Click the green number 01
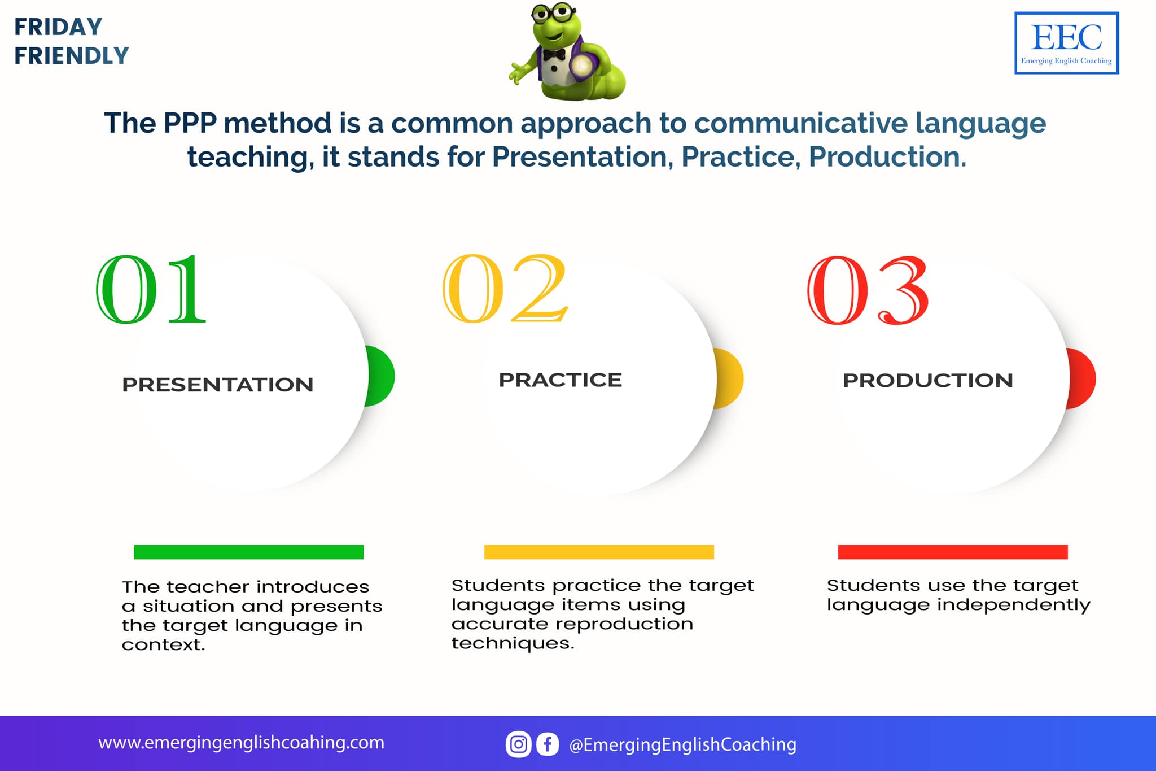[151, 289]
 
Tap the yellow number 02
[505, 288]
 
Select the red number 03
[868, 290]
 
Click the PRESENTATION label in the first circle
[218, 385]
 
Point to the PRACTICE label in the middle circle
[561, 380]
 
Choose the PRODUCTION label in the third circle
[928, 381]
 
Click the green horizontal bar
[249, 552]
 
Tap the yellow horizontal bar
[599, 552]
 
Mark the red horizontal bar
[953, 552]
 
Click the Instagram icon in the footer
[518, 744]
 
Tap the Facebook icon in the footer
[548, 744]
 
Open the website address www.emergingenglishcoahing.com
[241, 743]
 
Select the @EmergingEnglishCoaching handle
[683, 745]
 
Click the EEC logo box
[1067, 43]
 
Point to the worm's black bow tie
[554, 55]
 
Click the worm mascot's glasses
[554, 13]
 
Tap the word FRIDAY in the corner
[58, 27]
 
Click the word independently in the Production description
[1014, 605]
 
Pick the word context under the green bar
[163, 644]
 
